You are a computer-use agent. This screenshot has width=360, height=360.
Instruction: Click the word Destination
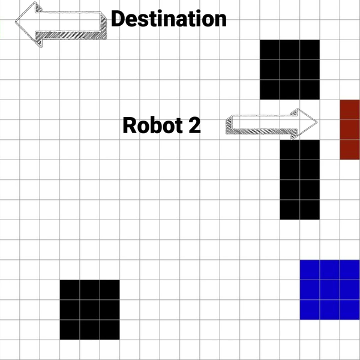click(x=169, y=19)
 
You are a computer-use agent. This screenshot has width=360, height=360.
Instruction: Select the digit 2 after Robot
click(x=193, y=125)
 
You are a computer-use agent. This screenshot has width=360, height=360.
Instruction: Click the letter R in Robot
click(x=129, y=125)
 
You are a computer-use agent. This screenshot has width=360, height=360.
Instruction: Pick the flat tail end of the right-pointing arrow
click(x=227, y=125)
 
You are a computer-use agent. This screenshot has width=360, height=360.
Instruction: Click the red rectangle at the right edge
click(x=350, y=130)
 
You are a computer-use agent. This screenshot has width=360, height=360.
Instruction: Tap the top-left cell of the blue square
click(x=310, y=270)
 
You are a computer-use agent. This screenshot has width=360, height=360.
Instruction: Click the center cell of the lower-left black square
click(x=90, y=310)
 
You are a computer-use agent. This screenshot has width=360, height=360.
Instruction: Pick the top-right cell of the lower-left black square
click(x=110, y=290)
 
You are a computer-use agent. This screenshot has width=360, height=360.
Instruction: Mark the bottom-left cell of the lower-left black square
click(x=70, y=329)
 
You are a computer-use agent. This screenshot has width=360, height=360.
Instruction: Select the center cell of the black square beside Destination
click(x=290, y=70)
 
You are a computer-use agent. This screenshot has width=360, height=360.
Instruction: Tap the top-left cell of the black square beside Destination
click(x=270, y=50)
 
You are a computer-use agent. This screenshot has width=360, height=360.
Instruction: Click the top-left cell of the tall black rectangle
click(x=290, y=150)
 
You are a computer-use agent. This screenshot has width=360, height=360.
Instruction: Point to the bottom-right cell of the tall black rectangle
click(x=310, y=209)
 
